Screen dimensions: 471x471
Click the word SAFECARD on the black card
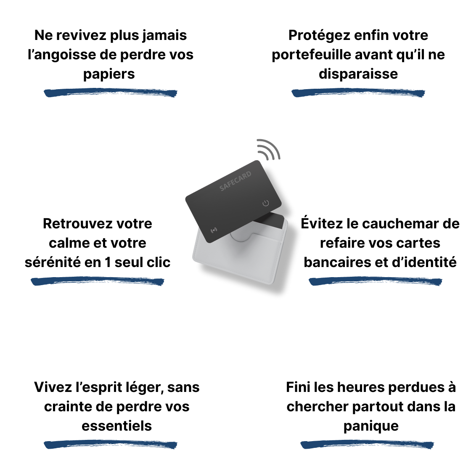pos(235,181)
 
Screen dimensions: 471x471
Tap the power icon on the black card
pos(266,204)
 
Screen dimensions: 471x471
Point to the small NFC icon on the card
pos(214,230)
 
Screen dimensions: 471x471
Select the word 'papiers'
pos(109,74)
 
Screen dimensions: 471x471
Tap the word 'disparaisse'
pos(358,74)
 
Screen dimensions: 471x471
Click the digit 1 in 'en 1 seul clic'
pos(107,262)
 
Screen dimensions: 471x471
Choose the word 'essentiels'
pos(116,426)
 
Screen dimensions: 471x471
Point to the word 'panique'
pos(371,426)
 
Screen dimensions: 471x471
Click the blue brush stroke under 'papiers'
pos(111,93)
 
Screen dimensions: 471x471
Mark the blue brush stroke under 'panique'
pos(367,445)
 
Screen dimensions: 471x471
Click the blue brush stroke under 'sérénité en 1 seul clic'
pos(98,281)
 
